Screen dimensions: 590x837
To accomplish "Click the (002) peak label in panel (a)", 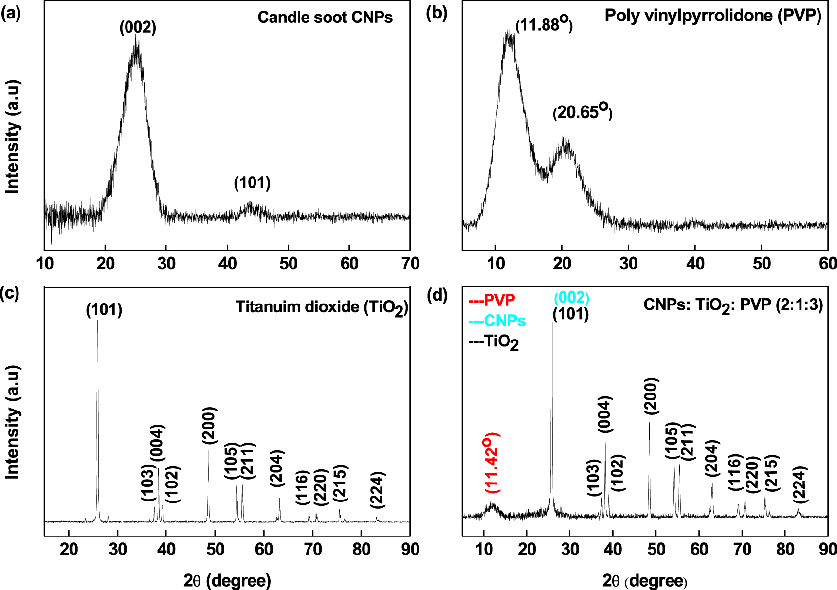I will [x=138, y=27].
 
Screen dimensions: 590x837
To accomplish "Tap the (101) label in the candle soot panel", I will [x=252, y=183].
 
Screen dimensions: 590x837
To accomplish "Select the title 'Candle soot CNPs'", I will [x=325, y=18].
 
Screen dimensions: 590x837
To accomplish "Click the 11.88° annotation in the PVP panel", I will [x=544, y=24].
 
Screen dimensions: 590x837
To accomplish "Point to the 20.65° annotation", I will [x=582, y=112].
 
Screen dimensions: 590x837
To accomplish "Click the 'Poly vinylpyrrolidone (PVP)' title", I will [x=713, y=16].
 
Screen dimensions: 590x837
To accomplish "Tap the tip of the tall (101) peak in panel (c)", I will [x=98, y=321].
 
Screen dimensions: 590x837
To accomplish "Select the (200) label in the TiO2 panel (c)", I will [x=209, y=425].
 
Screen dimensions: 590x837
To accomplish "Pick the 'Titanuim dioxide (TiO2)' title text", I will [x=322, y=307].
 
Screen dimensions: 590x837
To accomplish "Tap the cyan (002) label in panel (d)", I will [x=571, y=297].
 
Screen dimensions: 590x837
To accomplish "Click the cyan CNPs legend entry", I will [x=497, y=321].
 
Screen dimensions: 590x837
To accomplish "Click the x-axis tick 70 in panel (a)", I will [x=410, y=264].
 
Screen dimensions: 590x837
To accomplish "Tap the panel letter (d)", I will [x=436, y=295].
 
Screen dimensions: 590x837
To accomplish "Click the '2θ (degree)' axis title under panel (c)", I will [x=227, y=580].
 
